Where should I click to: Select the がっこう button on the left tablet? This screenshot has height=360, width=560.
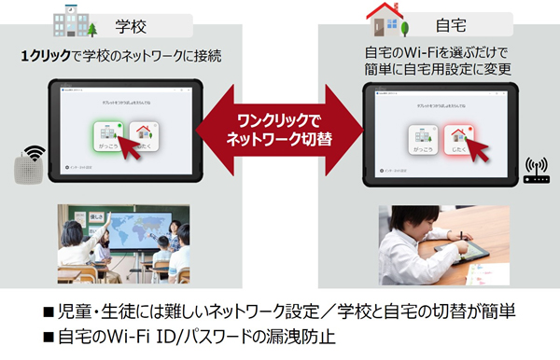[108, 139]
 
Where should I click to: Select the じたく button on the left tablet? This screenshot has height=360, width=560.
[146, 139]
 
